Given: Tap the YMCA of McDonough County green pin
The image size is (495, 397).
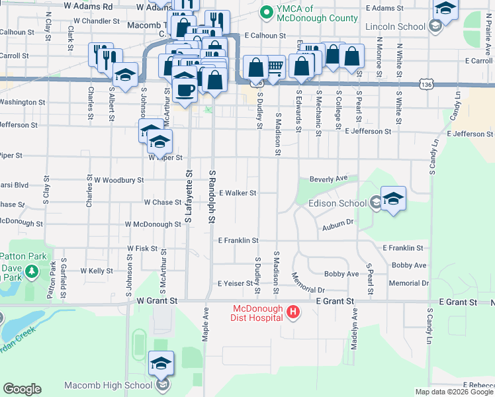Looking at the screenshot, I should tap(266, 12).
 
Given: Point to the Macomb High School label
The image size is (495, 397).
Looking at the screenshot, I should tap(109, 385).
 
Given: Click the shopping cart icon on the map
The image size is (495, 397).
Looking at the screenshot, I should tap(275, 66).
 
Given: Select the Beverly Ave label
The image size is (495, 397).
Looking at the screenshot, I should tap(329, 179).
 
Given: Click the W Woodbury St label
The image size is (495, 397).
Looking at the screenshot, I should tap(118, 180).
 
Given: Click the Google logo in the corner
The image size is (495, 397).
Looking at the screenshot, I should tap(22, 389).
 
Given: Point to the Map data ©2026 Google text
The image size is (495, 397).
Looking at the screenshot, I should tap(453, 392).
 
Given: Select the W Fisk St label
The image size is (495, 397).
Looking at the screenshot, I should tap(142, 249).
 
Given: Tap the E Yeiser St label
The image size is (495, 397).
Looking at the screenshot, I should tap(236, 283).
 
